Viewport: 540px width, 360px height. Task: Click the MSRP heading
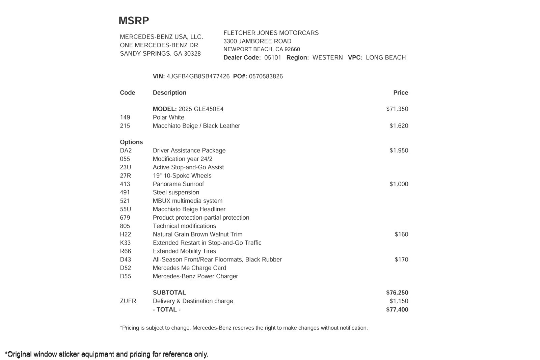click(134, 21)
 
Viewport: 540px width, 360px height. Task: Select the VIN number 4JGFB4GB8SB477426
click(198, 77)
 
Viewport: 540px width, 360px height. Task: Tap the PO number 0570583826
click(266, 77)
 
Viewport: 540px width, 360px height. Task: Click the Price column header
click(401, 93)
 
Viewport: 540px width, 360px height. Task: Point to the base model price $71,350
click(397, 109)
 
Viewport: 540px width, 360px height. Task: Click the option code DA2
click(126, 150)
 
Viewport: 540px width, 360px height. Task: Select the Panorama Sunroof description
click(178, 184)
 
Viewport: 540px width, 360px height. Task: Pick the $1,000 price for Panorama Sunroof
click(399, 184)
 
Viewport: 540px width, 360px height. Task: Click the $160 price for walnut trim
click(401, 234)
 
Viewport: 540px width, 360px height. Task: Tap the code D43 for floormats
click(126, 260)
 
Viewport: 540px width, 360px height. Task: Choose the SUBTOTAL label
click(169, 293)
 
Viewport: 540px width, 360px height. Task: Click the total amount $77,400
click(397, 310)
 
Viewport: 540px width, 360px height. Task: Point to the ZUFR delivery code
click(128, 301)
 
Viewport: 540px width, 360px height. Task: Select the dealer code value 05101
click(273, 58)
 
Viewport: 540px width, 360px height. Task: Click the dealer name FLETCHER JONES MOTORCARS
click(271, 33)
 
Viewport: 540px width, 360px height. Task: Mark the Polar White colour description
click(168, 117)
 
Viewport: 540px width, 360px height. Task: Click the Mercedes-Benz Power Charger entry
click(195, 276)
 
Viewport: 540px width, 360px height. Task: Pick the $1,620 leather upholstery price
click(399, 126)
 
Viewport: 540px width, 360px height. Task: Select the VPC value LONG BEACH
click(386, 58)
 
